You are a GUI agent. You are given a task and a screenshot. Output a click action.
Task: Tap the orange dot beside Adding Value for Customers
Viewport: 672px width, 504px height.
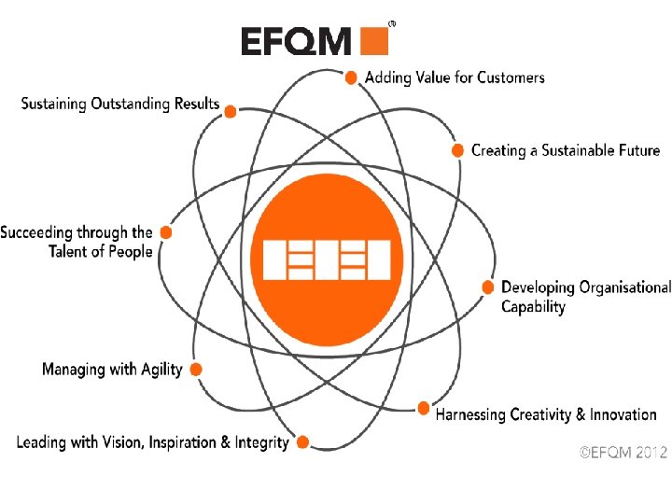point(351,77)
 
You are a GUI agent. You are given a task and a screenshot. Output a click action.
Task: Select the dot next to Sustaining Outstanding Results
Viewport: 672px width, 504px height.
point(230,110)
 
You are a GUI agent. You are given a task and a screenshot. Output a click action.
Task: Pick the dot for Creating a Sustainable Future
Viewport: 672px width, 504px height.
point(457,149)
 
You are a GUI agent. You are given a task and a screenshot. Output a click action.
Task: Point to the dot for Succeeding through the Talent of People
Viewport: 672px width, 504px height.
point(166,231)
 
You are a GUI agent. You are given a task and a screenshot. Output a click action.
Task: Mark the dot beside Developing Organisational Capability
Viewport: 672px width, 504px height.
point(487,287)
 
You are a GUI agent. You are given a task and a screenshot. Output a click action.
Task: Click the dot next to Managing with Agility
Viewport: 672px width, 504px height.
point(196,370)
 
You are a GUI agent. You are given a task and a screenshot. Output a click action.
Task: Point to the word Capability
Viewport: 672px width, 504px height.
point(533,307)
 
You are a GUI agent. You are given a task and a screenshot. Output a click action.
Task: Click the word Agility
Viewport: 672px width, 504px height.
point(161,371)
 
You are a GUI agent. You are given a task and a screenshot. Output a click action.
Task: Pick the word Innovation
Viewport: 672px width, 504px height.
point(623,414)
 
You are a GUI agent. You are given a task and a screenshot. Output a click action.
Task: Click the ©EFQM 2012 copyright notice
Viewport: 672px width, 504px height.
point(623,453)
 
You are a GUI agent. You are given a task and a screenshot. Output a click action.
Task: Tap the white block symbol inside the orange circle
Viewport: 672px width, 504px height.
point(326,259)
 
